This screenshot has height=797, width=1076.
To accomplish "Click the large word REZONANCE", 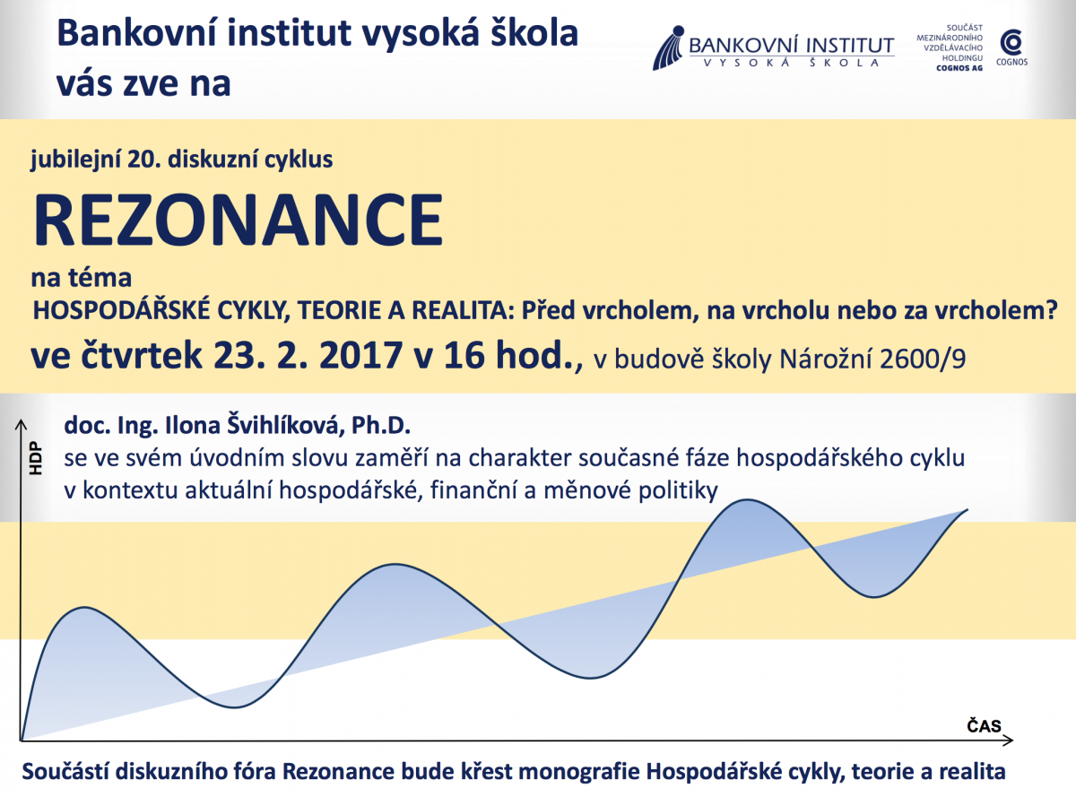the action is coord(238,220).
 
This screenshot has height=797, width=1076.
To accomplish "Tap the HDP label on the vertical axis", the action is coord(36,458).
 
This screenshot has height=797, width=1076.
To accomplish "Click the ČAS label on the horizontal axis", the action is coord(984,725).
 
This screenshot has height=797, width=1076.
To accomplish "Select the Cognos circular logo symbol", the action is coord(1011,43).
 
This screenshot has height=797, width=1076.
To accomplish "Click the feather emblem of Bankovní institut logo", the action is coord(669,48).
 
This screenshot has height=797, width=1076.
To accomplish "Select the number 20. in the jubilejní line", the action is coord(144,159).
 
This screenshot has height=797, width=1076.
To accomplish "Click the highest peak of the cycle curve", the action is coord(747,499).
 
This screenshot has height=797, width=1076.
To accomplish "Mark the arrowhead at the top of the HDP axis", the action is coord(21,425).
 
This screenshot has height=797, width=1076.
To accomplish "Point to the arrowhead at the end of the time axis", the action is coord(1008,741).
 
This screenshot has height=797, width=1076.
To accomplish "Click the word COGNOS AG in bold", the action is coord(959,68).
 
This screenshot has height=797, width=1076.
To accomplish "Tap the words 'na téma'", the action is coord(81,278).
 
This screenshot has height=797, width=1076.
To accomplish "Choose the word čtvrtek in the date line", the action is coord(141,355).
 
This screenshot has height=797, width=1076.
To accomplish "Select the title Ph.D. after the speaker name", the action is coord(381,425).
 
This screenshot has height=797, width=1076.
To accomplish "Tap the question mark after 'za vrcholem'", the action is coord(1051,310).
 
